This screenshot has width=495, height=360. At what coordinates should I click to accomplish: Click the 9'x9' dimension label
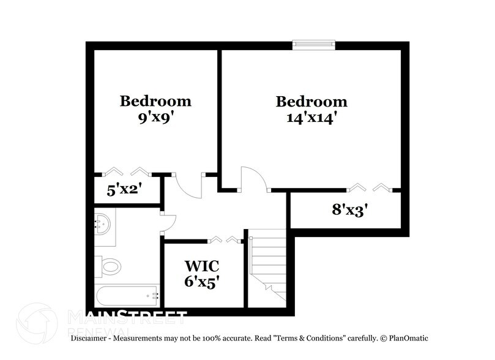[x=155, y=118]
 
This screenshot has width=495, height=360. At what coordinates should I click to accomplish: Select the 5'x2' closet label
[x=124, y=190]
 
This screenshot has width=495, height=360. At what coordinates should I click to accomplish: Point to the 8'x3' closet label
[x=349, y=210]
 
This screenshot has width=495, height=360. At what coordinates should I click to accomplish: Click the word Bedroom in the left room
[x=155, y=101]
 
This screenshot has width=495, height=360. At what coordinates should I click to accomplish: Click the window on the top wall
[x=313, y=44]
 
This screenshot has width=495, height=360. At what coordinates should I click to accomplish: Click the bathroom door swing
[x=168, y=223]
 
